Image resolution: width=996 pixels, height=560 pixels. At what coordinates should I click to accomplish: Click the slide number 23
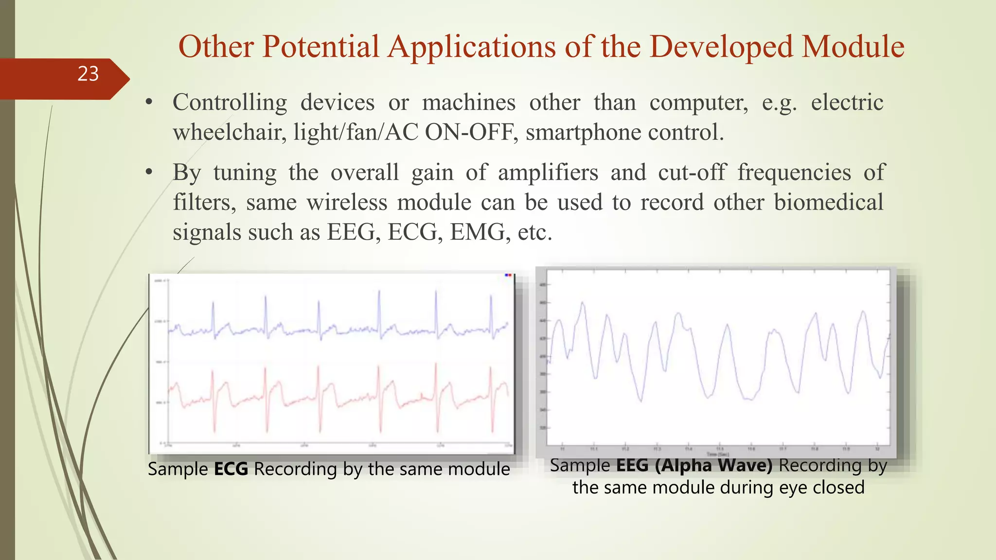pos(88,74)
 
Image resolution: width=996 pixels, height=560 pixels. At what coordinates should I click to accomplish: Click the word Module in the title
pos(853,47)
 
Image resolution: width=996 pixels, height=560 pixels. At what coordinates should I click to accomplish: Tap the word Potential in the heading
pos(320,47)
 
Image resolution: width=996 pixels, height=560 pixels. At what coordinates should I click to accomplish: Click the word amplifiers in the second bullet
pos(548,173)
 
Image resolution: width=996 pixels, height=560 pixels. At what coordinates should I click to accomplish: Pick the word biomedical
pos(828,202)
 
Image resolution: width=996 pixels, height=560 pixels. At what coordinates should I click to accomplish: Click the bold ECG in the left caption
pos(231,469)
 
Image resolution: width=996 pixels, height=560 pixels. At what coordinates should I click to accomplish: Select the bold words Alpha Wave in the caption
pos(713,465)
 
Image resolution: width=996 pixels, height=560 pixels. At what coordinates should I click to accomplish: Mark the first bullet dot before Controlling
pos(149,103)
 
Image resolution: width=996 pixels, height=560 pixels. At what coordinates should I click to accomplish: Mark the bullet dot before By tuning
pos(149,173)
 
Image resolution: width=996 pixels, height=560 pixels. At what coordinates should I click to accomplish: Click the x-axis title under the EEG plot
pos(717,455)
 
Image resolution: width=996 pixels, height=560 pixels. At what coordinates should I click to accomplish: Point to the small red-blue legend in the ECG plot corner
pos(508,275)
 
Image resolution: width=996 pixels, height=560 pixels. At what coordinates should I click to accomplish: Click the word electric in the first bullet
pos(847,103)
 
